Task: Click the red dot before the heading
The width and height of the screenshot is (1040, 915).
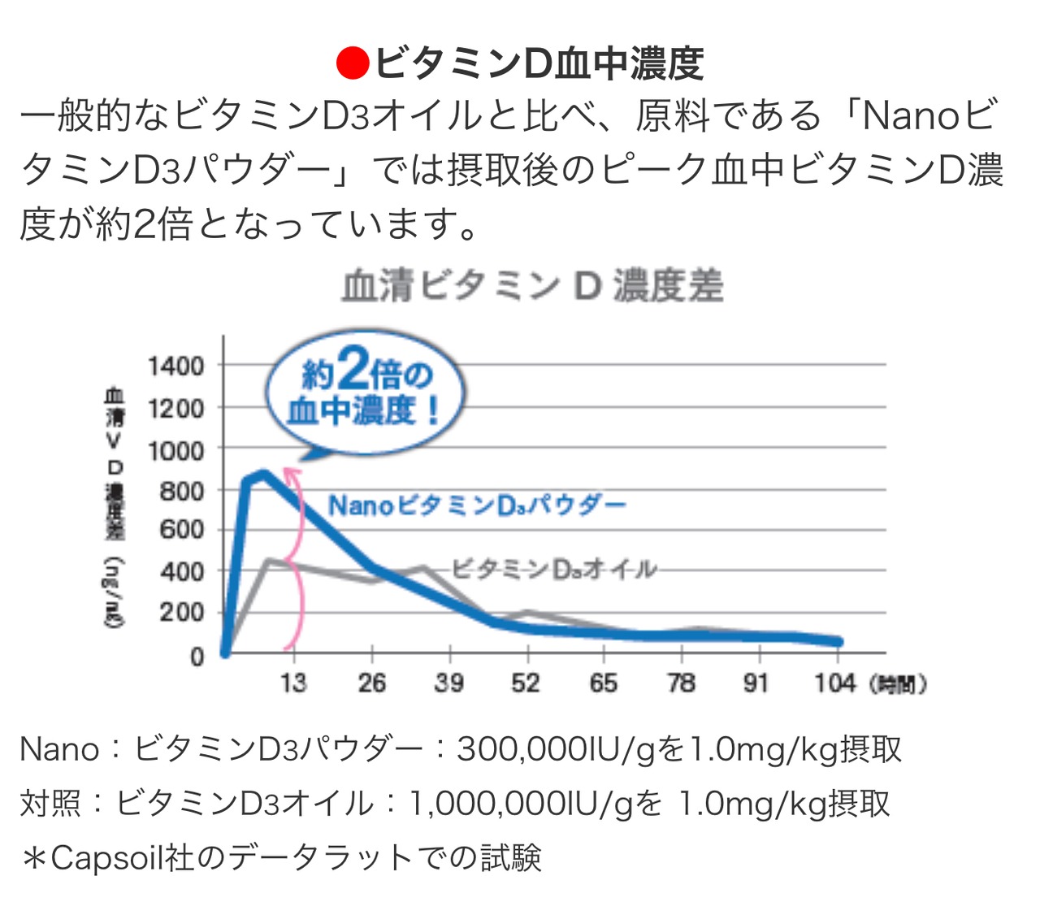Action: pos(353,63)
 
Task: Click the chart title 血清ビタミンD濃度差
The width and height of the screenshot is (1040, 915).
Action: pos(532,286)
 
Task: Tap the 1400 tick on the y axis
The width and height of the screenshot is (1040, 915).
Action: pos(175,366)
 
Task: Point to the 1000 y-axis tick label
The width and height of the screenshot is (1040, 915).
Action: pos(175,449)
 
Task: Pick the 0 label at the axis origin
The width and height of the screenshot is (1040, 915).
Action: pos(197,656)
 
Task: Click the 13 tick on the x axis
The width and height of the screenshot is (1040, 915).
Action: pos(293,683)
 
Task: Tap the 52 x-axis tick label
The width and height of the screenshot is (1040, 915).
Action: pos(526,683)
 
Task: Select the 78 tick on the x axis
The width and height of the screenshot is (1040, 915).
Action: pos(681,683)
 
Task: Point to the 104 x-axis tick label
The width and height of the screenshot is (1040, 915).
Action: pos(834,683)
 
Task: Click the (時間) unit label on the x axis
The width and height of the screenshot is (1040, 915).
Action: pos(897,684)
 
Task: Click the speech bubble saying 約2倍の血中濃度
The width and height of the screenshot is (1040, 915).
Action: pos(365,392)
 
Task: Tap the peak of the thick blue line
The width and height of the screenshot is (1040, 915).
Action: pos(262,473)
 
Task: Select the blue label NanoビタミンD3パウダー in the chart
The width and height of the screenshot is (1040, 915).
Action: pos(477,505)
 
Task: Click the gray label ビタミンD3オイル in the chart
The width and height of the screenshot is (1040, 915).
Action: pos(553,569)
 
